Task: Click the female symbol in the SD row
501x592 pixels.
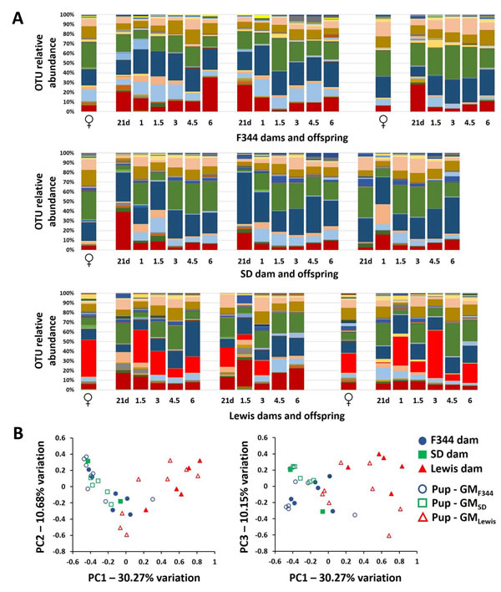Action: pyautogui.click(x=89, y=259)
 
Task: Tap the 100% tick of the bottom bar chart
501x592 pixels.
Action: pyautogui.click(x=70, y=293)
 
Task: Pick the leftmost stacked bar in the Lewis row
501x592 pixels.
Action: pyautogui.click(x=89, y=341)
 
